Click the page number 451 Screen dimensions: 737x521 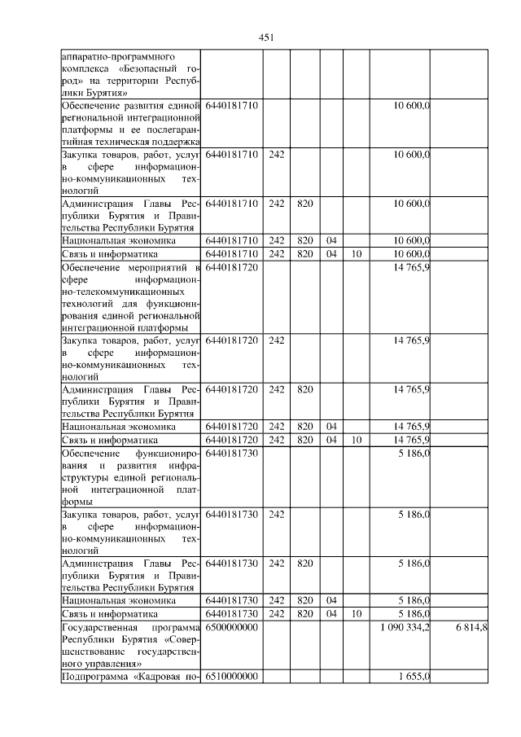265,37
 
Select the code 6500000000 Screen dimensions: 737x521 232,628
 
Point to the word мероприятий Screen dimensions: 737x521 146,267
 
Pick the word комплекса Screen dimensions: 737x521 83,70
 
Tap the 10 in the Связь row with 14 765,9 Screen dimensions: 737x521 356,440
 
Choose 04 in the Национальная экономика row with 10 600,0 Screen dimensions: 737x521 331,241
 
